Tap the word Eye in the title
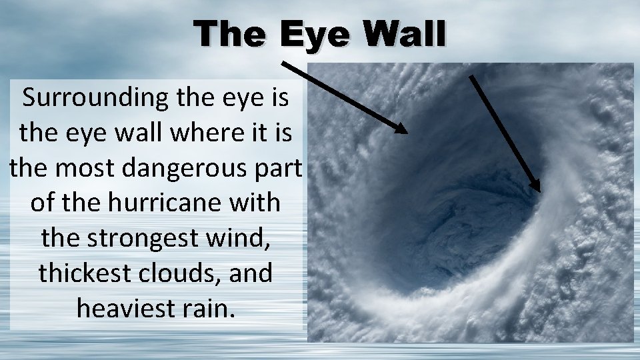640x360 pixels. [x=313, y=33]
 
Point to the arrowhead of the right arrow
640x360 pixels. [x=537, y=186]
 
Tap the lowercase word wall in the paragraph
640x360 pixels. [x=127, y=133]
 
